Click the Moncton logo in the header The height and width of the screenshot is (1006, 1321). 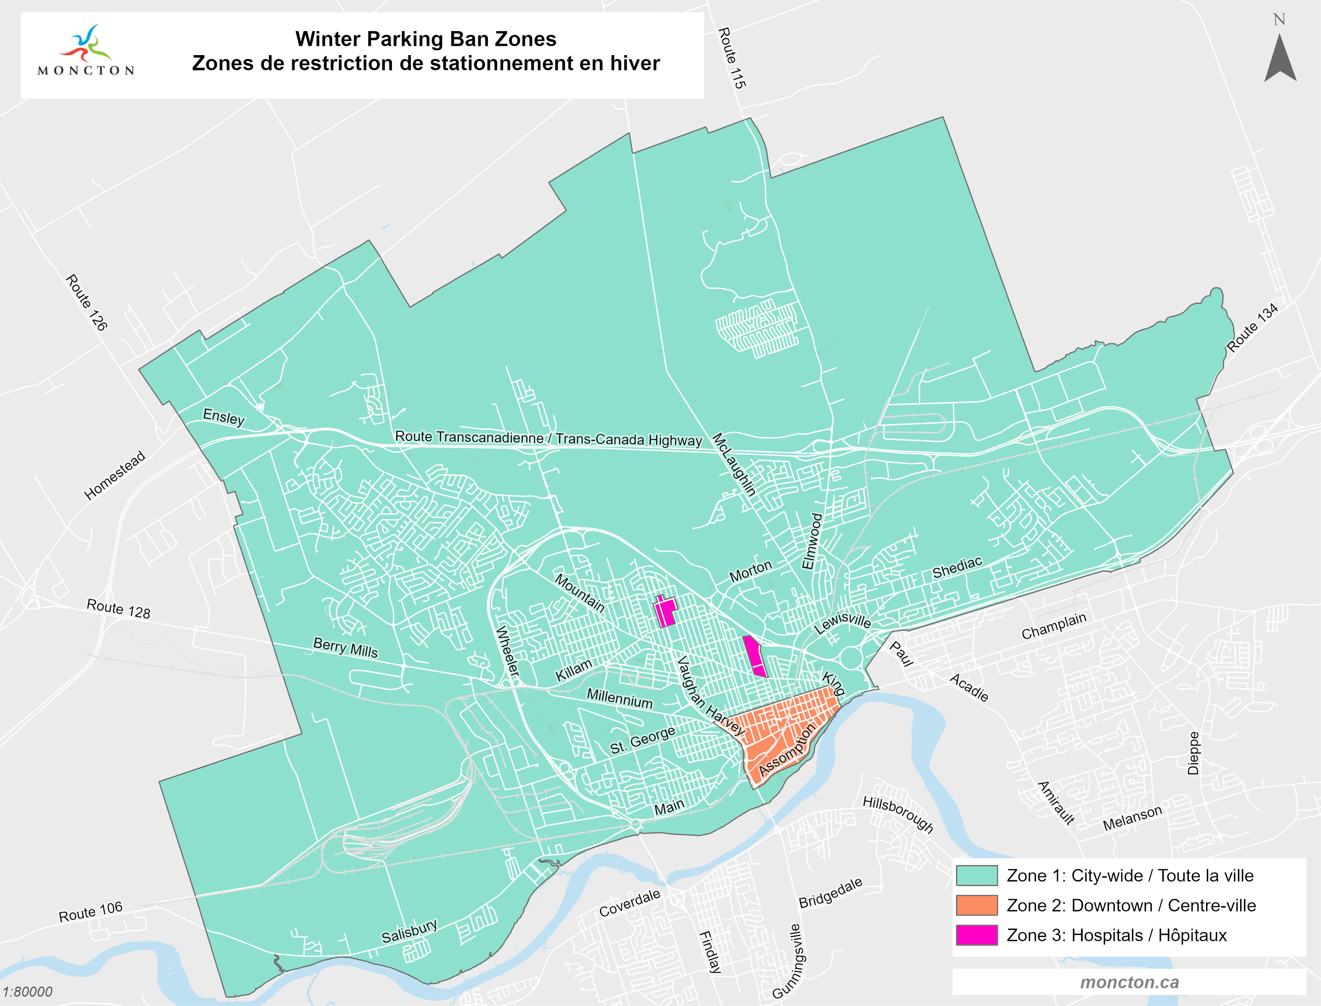pyautogui.click(x=86, y=51)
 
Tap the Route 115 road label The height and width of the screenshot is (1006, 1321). pyautogui.click(x=732, y=58)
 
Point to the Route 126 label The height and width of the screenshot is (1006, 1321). pyautogui.click(x=86, y=303)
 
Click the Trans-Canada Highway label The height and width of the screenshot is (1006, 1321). pyautogui.click(x=548, y=438)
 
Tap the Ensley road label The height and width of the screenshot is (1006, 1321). pyautogui.click(x=224, y=417)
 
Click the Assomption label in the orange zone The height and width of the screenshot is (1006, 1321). pyautogui.click(x=787, y=750)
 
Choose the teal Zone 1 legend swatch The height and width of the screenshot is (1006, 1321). pyautogui.click(x=977, y=876)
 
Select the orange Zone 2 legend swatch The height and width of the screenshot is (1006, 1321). pyautogui.click(x=977, y=905)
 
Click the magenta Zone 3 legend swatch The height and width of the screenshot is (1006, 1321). pyautogui.click(x=977, y=935)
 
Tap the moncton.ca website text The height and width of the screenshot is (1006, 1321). pyautogui.click(x=1129, y=982)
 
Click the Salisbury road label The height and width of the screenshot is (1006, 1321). pyautogui.click(x=410, y=931)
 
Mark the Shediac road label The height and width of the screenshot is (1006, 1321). pyautogui.click(x=957, y=567)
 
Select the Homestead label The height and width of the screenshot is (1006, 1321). pyautogui.click(x=115, y=475)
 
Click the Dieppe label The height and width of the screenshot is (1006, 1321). pyautogui.click(x=1193, y=753)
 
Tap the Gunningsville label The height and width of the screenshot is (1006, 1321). pyautogui.click(x=789, y=961)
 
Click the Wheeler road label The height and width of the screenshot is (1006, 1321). pyautogui.click(x=507, y=651)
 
